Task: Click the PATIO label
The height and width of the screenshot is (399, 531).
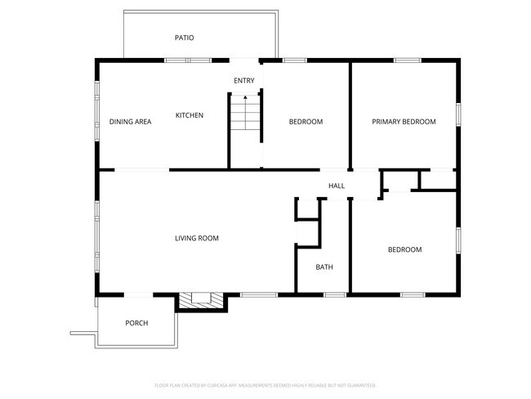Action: click(x=184, y=38)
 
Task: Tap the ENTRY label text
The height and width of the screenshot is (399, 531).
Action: click(x=243, y=80)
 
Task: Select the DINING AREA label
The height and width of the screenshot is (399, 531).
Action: click(x=130, y=122)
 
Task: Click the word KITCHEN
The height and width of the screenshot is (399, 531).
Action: click(x=190, y=115)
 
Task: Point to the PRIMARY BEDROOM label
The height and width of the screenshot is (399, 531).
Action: click(x=404, y=122)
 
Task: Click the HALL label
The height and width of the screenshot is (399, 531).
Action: click(x=337, y=186)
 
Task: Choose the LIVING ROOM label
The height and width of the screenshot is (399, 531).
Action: click(x=197, y=239)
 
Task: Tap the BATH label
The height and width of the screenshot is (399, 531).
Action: click(x=324, y=267)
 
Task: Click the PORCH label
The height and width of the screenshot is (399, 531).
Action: click(x=136, y=323)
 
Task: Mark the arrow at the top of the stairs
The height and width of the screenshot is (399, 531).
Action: click(x=243, y=98)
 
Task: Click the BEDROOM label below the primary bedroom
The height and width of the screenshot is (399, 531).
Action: click(x=404, y=249)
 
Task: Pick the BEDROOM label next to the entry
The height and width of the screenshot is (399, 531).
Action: click(x=306, y=122)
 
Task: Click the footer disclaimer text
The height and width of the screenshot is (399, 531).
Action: click(x=265, y=384)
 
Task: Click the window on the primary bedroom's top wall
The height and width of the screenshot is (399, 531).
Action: click(x=407, y=60)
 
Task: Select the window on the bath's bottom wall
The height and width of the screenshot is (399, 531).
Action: click(x=334, y=294)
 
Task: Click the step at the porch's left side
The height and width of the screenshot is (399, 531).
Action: click(x=83, y=333)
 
